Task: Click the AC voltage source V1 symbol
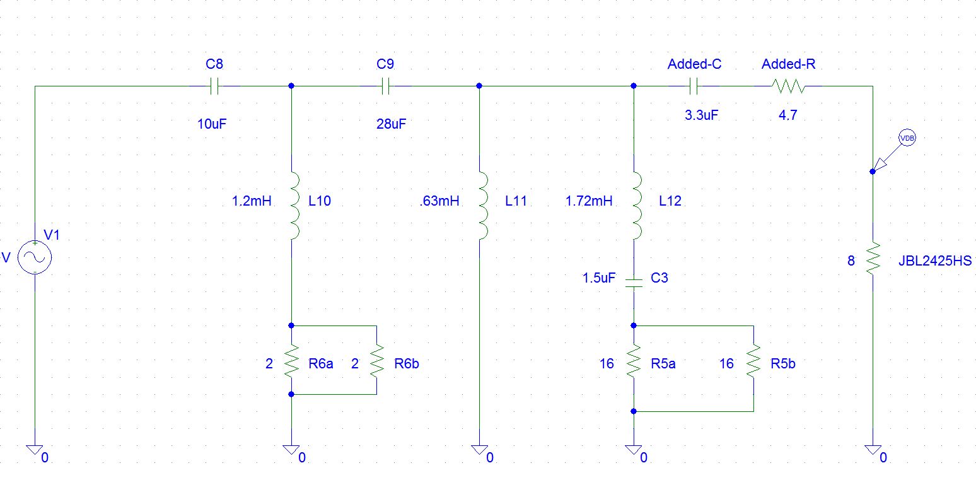[x=35, y=257]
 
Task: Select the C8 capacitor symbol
[x=214, y=86]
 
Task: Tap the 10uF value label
[x=212, y=124]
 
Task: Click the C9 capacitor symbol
[x=385, y=86]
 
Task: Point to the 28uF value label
[x=391, y=124]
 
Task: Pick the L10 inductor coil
[x=294, y=206]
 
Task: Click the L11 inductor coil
[x=483, y=206]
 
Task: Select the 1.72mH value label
[x=589, y=201]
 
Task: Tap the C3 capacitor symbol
[x=634, y=283]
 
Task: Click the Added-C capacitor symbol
[x=694, y=86]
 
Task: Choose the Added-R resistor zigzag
[x=788, y=86]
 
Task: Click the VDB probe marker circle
[x=907, y=138]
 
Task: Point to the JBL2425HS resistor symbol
[x=873, y=259]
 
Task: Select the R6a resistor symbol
[x=291, y=361]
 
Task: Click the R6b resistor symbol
[x=377, y=361]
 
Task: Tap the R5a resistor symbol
[x=634, y=361]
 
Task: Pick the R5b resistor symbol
[x=753, y=361]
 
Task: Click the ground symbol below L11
[x=479, y=450]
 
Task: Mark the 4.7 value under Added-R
[x=787, y=115]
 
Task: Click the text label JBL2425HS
[x=935, y=260]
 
